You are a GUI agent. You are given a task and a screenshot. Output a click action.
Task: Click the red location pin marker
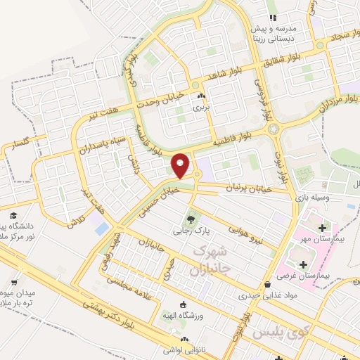(181, 165)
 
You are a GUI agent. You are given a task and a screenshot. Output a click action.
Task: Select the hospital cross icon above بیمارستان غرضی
(304, 265)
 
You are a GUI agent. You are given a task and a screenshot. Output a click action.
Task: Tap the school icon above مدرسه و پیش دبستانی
(272, 18)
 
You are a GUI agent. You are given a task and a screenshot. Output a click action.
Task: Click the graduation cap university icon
(13, 215)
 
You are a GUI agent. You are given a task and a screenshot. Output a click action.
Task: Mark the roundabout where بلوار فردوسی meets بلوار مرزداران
(272, 129)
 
